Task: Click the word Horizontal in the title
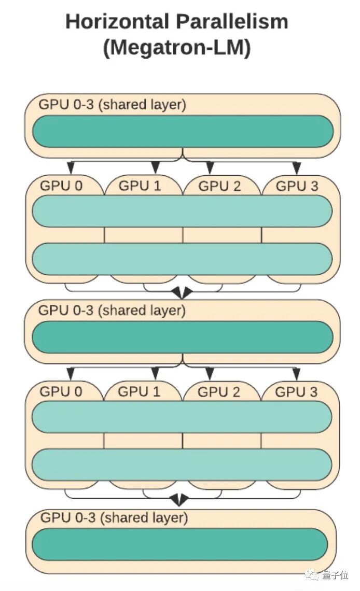[117, 22]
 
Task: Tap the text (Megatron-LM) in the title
[177, 48]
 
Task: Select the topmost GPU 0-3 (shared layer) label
[112, 104]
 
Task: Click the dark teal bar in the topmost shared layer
[183, 131]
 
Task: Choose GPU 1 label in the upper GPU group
[140, 186]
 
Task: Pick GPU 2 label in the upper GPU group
[220, 186]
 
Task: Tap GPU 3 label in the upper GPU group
[297, 186]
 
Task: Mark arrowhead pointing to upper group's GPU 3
[297, 168]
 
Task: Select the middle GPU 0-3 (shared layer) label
[112, 311]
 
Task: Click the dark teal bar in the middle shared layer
[183, 337]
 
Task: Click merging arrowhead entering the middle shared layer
[182, 294]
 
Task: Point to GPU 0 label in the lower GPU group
[61, 391]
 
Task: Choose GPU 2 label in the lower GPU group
[219, 392]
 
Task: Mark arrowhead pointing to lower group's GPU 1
[155, 374]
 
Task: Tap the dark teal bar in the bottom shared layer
[180, 544]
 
